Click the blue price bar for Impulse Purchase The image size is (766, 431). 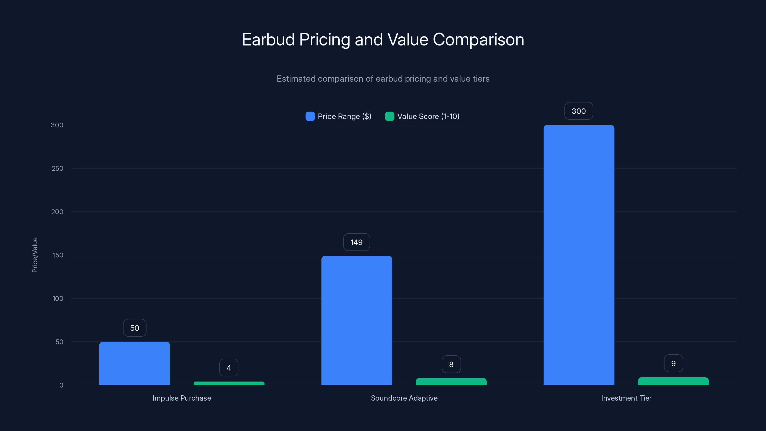click(x=134, y=363)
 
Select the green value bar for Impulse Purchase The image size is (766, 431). click(x=229, y=383)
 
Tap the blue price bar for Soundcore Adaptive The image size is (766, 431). click(x=356, y=320)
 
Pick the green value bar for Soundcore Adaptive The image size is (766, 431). click(x=451, y=381)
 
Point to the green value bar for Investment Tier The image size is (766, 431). click(x=673, y=381)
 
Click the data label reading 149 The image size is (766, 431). click(x=356, y=242)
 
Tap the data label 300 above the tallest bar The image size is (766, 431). click(x=578, y=111)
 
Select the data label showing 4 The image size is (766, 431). click(x=229, y=368)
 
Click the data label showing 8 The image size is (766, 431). click(x=451, y=364)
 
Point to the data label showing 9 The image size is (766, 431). click(x=673, y=363)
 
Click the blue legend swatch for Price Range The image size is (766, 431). click(x=310, y=116)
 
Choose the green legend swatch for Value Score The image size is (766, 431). click(x=389, y=116)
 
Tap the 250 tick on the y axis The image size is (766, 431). click(x=57, y=168)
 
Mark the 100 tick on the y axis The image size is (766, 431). click(x=58, y=298)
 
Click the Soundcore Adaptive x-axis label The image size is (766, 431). click(x=404, y=398)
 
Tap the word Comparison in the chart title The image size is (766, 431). click(x=478, y=40)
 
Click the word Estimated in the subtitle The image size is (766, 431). click(x=296, y=79)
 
